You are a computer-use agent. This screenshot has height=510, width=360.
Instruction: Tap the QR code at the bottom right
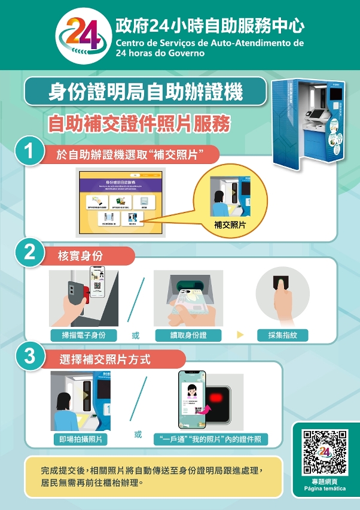325,453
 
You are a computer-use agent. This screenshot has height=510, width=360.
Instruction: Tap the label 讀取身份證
188,335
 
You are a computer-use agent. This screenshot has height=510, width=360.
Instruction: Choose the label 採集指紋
283,335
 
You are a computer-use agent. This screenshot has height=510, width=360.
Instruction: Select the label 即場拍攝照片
81,439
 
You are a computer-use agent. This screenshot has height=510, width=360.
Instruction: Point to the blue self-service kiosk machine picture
309,125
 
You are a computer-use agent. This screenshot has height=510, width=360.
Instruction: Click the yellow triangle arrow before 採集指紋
240,335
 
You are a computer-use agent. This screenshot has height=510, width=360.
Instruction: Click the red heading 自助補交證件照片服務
139,124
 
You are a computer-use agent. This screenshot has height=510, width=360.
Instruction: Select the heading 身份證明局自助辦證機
145,93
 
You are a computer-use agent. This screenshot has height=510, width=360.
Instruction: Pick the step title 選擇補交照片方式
105,360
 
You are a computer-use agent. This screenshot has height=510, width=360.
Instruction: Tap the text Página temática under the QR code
325,488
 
